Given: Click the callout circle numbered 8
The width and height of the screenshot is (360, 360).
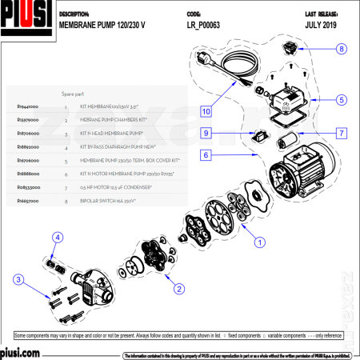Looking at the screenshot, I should pyautogui.click(x=341, y=49).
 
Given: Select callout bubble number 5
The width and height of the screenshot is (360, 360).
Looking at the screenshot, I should pyautogui.click(x=341, y=100).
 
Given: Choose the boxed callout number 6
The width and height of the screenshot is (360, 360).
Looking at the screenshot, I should pyautogui.click(x=206, y=154).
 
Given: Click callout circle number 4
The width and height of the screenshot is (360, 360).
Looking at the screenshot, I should pyautogui.click(x=58, y=237).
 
